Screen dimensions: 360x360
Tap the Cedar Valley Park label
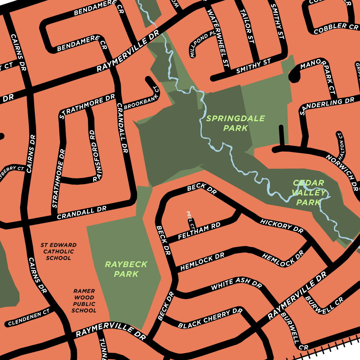pyautogui.click(x=308, y=192)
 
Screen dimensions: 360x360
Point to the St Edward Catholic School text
pyautogui.click(x=58, y=252)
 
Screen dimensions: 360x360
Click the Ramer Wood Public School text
pyautogui.click(x=84, y=301)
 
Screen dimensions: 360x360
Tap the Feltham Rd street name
pyautogui.click(x=199, y=232)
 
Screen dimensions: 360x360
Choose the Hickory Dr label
pyautogui.click(x=282, y=226)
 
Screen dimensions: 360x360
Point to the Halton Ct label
pyautogui.click(x=341, y=146)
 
